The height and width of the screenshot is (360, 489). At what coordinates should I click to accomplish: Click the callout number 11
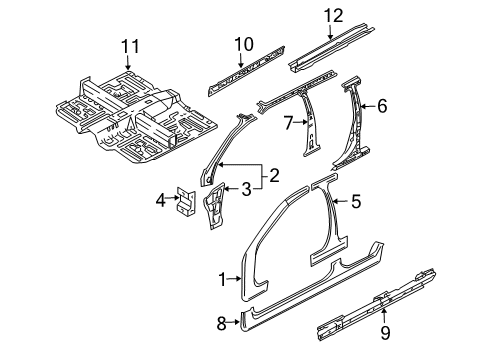(x=130, y=46)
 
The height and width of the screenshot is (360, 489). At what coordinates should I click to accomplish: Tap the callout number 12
(x=334, y=16)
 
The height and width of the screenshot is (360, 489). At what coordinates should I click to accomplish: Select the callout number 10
(x=244, y=44)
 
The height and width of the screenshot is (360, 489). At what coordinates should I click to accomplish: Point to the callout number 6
(x=382, y=106)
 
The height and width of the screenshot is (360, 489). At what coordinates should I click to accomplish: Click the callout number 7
(x=289, y=122)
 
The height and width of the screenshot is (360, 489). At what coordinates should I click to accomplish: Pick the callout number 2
(x=274, y=175)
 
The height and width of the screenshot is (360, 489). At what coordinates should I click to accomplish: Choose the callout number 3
(x=246, y=189)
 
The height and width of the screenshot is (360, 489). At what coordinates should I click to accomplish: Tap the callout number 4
(x=161, y=201)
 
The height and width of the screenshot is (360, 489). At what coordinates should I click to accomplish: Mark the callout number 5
(x=356, y=201)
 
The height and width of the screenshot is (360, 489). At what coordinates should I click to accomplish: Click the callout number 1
(x=223, y=279)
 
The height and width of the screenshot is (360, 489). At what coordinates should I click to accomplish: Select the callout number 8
(x=221, y=323)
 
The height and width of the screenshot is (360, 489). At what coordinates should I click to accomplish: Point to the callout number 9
(x=385, y=333)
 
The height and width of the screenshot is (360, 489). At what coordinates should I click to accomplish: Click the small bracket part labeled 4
(x=186, y=201)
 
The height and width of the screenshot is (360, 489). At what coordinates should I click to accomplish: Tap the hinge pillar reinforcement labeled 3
(x=214, y=206)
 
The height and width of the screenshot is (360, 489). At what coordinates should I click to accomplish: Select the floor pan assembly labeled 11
(x=135, y=117)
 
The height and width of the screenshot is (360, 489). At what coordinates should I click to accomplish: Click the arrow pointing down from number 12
(x=330, y=33)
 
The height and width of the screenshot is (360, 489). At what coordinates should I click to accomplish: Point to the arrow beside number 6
(x=368, y=106)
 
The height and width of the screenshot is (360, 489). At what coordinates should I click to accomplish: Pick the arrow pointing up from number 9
(x=384, y=316)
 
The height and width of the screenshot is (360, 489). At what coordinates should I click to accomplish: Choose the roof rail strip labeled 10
(x=246, y=71)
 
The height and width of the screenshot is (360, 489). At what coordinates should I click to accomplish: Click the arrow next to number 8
(x=234, y=322)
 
